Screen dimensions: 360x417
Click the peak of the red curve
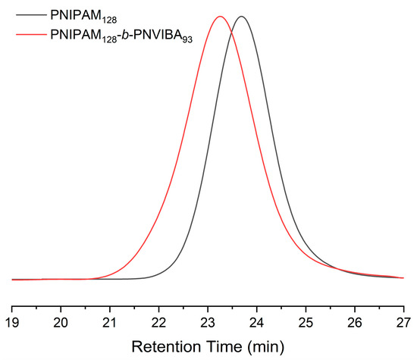(x=220, y=17)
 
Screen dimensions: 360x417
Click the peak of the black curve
(x=242, y=17)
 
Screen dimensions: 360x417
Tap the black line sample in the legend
(x=24, y=13)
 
